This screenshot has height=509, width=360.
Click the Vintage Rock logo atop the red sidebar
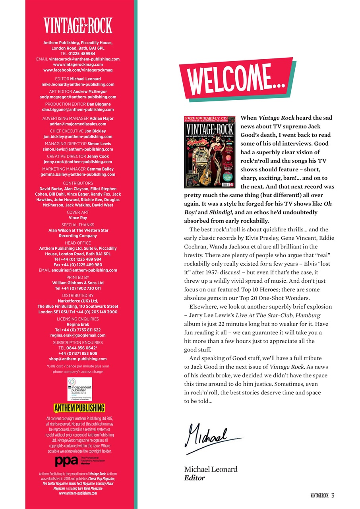78,26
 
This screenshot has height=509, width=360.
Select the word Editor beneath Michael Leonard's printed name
194,478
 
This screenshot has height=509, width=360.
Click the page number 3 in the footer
333,495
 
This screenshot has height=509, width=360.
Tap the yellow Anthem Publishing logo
79,408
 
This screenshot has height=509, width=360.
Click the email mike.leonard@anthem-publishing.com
78,84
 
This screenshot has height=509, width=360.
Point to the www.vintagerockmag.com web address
78,64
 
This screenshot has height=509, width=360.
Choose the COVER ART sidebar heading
78,212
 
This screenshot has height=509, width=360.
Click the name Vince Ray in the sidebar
78,218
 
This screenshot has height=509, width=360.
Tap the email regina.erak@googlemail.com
78,335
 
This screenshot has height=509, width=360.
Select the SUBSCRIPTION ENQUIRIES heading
78,342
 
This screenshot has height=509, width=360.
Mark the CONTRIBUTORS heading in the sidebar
78,183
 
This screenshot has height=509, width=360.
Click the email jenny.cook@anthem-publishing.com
78,162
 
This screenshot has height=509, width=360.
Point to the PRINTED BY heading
78,277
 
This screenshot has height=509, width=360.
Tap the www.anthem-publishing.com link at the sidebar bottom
78,493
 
